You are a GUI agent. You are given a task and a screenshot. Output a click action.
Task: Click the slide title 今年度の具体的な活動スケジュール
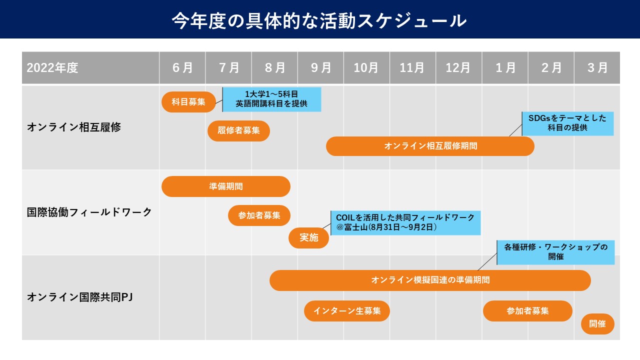(319, 21)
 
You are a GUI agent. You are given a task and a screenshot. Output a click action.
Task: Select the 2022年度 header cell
(90, 67)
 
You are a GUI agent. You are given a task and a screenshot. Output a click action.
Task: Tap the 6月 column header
(182, 67)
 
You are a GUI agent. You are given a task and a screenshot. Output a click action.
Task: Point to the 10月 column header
(366, 67)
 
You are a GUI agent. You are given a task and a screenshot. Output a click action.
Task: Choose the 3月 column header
(597, 67)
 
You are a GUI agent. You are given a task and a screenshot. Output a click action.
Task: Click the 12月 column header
(458, 67)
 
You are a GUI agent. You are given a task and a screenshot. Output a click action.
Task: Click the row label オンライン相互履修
(74, 127)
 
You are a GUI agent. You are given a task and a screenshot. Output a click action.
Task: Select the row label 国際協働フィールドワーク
(89, 212)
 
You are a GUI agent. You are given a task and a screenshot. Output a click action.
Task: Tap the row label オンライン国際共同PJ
(80, 297)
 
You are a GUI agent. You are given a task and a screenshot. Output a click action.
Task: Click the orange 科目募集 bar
(188, 102)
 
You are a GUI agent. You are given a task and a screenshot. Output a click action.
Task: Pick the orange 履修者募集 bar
(238, 131)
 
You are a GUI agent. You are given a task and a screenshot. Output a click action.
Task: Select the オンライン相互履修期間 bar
(430, 146)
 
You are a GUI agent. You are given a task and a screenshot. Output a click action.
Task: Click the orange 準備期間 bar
(226, 186)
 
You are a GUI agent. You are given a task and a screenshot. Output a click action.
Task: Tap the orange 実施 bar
(309, 237)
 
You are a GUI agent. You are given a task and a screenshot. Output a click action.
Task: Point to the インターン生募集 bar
(347, 311)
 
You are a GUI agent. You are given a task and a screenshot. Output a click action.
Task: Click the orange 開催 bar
(597, 324)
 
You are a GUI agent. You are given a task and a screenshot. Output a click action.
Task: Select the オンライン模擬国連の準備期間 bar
(430, 280)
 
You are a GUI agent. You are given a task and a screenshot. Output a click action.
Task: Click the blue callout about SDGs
(567, 123)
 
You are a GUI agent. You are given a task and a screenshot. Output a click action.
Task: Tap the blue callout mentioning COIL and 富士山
(405, 223)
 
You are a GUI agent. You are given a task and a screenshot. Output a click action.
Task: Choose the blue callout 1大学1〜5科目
(271, 99)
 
